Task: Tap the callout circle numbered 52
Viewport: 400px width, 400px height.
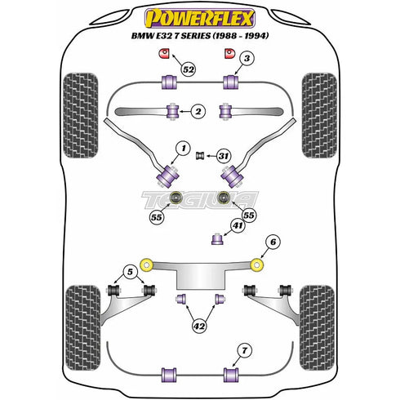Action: (x=189, y=70)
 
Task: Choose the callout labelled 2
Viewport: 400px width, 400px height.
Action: (x=198, y=110)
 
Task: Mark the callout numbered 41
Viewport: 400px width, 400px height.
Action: (x=238, y=224)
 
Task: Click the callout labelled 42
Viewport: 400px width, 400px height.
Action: (x=199, y=326)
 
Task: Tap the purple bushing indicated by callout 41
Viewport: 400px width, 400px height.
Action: (x=217, y=238)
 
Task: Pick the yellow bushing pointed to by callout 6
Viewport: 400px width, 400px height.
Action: (x=257, y=264)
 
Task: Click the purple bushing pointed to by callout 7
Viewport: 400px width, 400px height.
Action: (x=230, y=376)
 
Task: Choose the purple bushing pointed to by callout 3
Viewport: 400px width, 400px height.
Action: (x=230, y=82)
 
